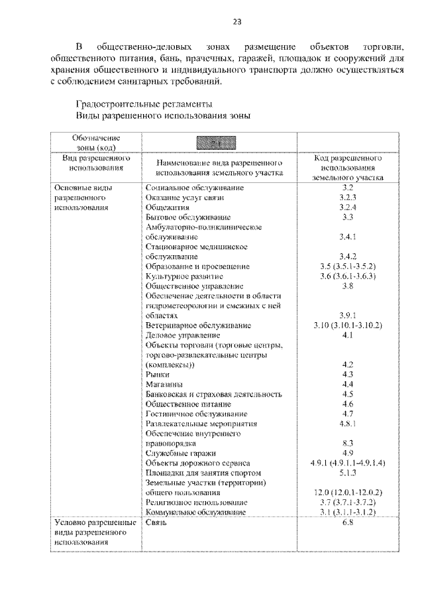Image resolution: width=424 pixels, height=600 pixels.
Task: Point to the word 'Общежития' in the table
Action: (166, 208)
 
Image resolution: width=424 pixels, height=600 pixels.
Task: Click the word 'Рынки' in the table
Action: (158, 375)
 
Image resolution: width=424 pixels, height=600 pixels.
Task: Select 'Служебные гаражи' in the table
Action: (179, 453)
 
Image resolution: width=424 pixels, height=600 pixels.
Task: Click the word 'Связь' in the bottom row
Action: (158, 523)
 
